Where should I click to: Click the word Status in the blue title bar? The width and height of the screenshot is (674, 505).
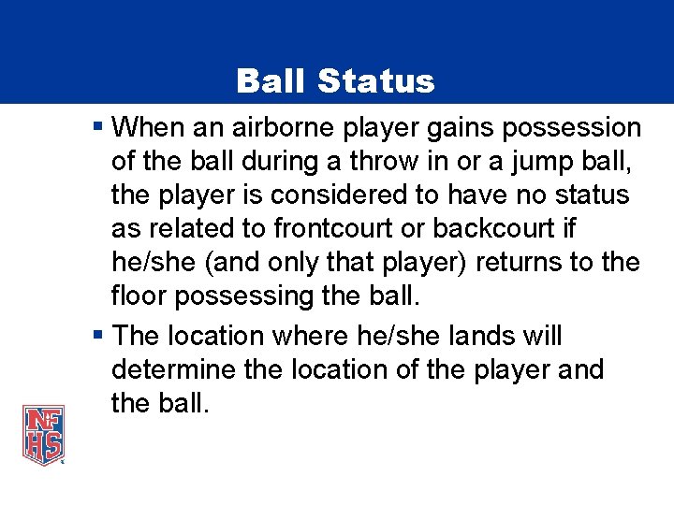point(375,80)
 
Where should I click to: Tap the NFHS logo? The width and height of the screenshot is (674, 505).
point(44,434)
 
